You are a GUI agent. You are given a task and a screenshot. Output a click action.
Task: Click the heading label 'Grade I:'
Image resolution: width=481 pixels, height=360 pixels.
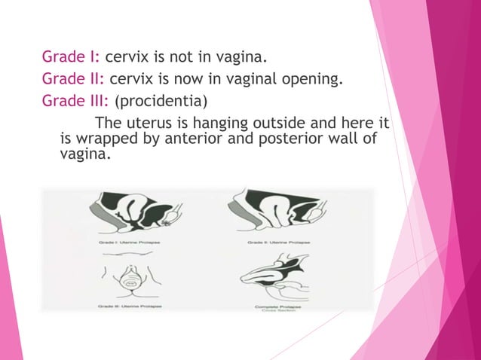coord(71,56)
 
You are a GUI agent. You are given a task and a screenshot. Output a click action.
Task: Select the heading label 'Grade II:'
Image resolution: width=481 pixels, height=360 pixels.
coord(73,78)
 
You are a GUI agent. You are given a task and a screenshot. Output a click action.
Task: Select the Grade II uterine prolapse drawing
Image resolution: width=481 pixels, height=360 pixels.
coord(278,211)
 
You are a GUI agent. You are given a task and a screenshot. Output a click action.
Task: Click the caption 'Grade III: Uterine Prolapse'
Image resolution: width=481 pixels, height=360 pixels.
coord(133,307)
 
